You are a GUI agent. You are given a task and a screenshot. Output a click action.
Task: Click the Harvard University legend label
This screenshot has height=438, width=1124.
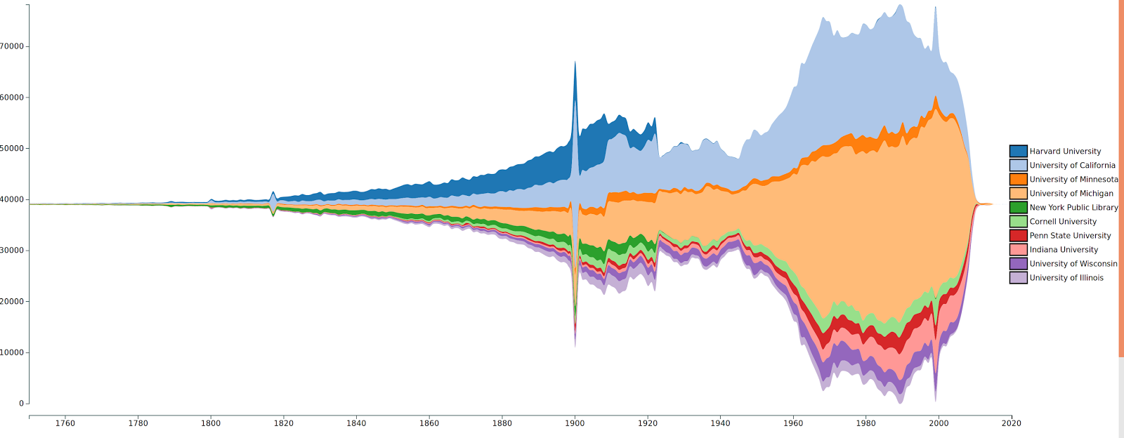1065,151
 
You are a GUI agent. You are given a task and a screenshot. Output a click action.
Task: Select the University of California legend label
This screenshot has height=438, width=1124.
1072,165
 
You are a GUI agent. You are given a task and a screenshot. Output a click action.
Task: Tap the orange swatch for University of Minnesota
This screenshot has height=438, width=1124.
1018,179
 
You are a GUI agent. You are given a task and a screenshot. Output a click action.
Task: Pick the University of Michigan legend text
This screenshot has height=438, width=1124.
1071,193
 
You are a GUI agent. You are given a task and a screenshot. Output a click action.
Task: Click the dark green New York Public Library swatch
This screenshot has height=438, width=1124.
1018,207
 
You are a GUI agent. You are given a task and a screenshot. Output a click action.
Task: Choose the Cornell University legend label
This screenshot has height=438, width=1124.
1063,221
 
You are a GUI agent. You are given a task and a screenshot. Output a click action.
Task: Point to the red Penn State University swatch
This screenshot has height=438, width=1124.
1018,235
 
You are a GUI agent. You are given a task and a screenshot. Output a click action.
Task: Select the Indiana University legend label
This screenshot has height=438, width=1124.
1064,249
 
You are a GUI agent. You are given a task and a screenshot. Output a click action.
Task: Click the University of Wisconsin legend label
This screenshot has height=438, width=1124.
1073,263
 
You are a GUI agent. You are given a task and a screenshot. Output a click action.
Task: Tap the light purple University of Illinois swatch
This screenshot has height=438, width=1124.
1018,277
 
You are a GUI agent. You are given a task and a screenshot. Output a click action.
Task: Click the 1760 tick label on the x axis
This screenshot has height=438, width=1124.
65,423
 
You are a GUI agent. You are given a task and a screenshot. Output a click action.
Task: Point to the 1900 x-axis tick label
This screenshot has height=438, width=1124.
575,423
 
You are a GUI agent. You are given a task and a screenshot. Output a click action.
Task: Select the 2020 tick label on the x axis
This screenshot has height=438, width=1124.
1012,423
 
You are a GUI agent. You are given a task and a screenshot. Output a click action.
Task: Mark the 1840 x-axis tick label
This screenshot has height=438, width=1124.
356,423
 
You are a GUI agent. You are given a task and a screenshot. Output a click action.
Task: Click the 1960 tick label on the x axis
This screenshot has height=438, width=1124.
793,423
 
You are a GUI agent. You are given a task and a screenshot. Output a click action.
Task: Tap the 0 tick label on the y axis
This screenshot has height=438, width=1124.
22,404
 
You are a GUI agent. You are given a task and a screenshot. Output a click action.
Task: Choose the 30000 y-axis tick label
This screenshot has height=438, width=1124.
12,251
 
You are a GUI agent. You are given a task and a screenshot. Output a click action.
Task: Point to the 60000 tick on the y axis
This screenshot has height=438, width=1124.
12,98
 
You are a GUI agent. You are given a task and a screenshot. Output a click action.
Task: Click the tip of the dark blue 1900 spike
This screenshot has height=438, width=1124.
575,62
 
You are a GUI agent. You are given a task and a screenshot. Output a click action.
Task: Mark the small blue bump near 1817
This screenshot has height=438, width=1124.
273,193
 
